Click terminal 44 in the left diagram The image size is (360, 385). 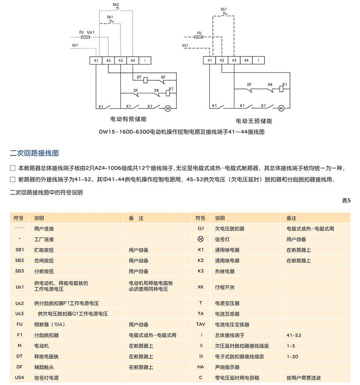pyautogui.click(x=133, y=60)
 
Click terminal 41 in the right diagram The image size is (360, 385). pyautogui.click(x=209, y=60)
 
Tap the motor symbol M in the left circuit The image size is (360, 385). pyautogui.click(x=168, y=108)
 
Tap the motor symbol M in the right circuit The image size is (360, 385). pyautogui.click(x=281, y=108)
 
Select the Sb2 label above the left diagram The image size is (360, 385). pyautogui.click(x=116, y=4)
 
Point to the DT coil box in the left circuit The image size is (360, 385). pyautogui.click(x=146, y=80)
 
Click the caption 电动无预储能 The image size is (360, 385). pyautogui.click(x=254, y=121)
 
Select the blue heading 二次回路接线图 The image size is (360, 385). pyautogui.click(x=34, y=153)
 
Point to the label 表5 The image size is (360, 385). pyautogui.click(x=346, y=200)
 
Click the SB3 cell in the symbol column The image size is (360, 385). pyautogui.click(x=20, y=271)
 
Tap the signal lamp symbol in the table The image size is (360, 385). pyautogui.click(x=201, y=239)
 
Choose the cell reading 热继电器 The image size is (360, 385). pyautogui.click(x=225, y=271)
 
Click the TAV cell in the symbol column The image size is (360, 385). pyautogui.click(x=201, y=324)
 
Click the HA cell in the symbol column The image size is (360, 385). pyautogui.click(x=201, y=367)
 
